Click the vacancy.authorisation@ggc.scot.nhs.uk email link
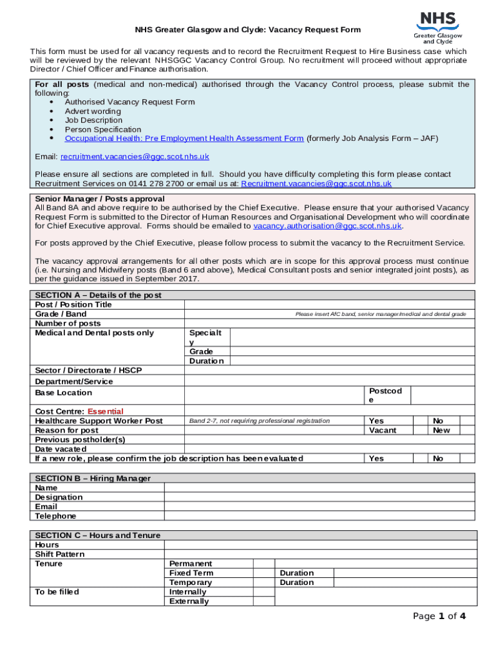pyautogui.click(x=328, y=226)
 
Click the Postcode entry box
pyautogui.click(x=443, y=395)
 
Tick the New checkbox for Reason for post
pyautogui.click(x=468, y=430)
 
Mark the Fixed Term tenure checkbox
pyautogui.click(x=263, y=573)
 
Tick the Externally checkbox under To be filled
pyautogui.click(x=263, y=601)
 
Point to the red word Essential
pyautogui.click(x=106, y=411)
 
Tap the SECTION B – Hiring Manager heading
pyautogui.click(x=93, y=478)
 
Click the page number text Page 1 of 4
pyautogui.click(x=439, y=616)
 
